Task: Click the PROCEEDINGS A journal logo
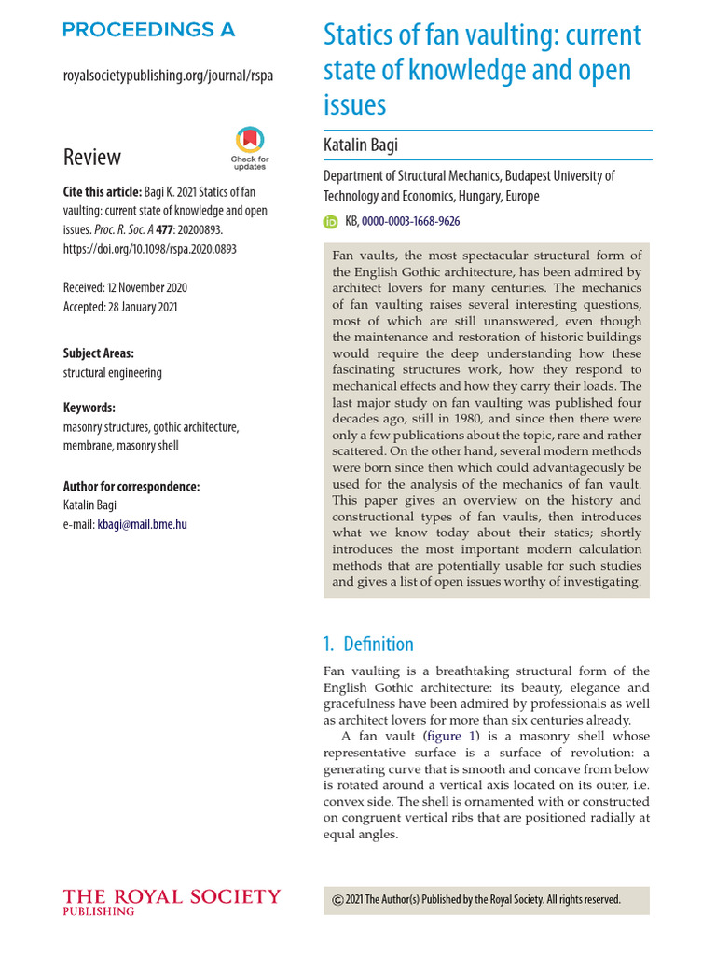149,30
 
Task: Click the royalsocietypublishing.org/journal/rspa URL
168,76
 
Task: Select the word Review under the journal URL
92,157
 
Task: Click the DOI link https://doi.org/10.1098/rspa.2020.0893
149,249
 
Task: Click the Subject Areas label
99,353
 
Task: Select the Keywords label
89,408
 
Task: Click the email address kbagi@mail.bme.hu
142,524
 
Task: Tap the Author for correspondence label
131,487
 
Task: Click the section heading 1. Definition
368,644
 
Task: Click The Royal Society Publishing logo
171,902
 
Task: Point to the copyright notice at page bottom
476,900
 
